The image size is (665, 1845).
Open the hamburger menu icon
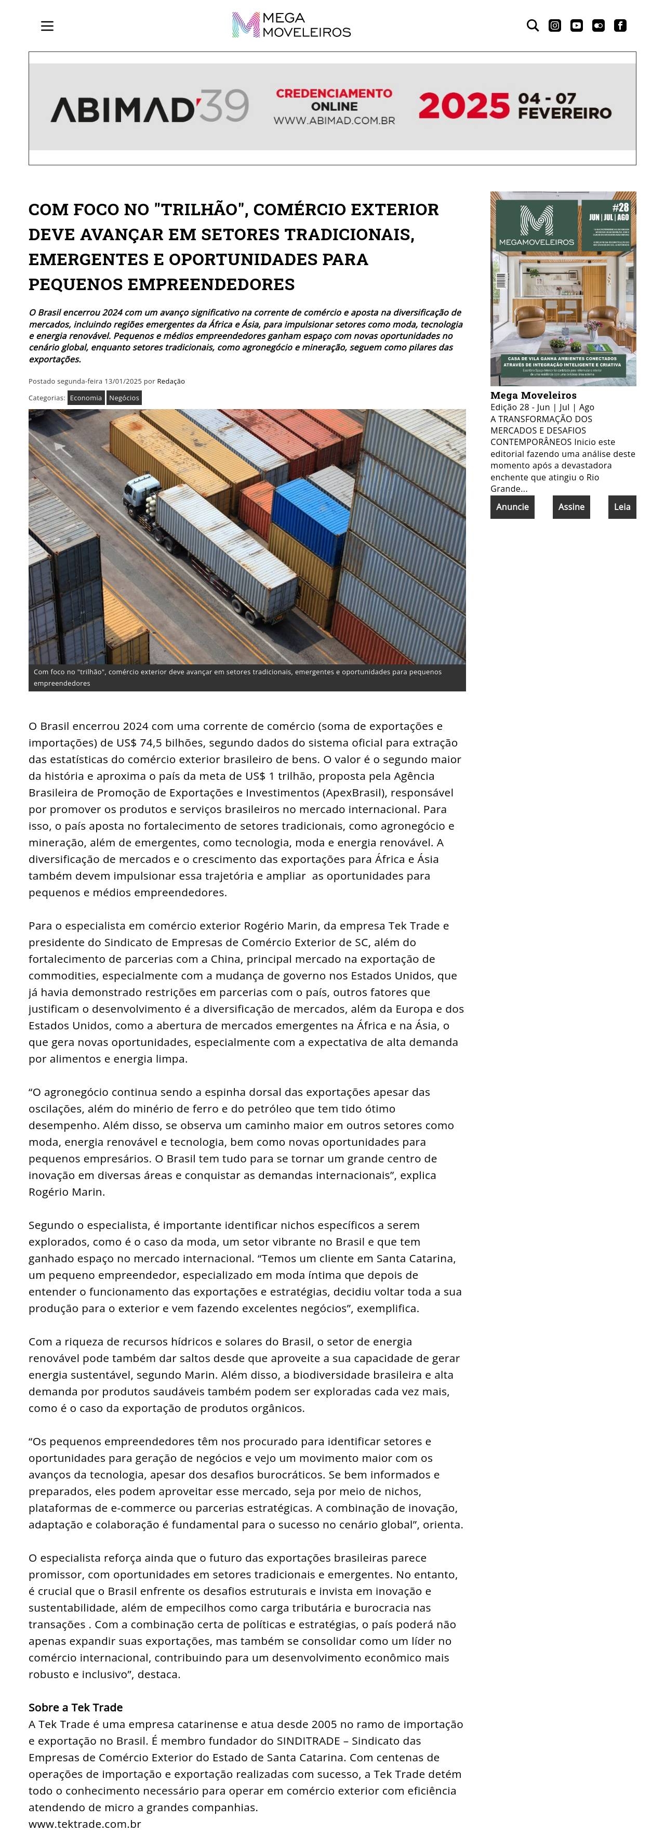tap(47, 26)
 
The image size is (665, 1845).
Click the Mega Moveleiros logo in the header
tap(291, 25)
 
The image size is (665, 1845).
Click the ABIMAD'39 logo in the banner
tap(150, 106)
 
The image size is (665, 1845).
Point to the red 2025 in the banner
tap(464, 106)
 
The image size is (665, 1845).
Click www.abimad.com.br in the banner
tap(334, 120)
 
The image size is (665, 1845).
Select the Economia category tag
tap(86, 398)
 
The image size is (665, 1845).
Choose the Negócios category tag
tap(124, 398)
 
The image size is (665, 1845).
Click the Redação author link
tap(171, 381)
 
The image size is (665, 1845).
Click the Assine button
tap(571, 507)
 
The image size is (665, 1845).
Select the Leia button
tap(622, 507)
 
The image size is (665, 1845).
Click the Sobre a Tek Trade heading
tap(76, 1707)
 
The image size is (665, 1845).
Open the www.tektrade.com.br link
tap(85, 1824)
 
